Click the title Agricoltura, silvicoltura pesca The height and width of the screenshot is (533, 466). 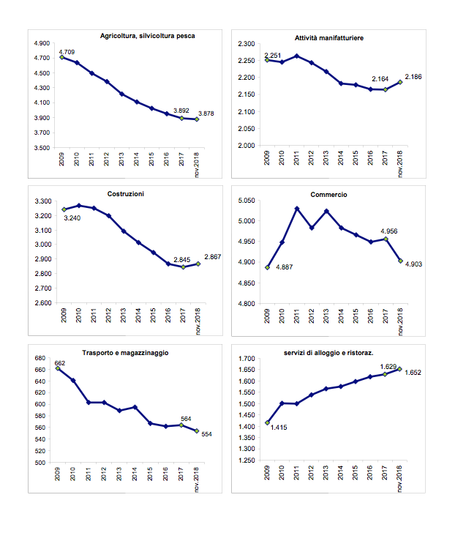[148, 36]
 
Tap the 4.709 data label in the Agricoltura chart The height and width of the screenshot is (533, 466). [67, 52]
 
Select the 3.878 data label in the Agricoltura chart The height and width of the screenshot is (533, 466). [206, 113]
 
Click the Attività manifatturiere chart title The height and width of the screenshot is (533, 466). [329, 38]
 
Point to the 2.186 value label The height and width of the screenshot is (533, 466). [413, 77]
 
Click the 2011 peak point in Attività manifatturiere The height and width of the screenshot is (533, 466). [296, 56]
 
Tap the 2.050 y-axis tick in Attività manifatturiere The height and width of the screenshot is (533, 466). [247, 129]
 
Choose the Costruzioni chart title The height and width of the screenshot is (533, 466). [126, 194]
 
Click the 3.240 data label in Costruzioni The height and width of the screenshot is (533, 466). [72, 218]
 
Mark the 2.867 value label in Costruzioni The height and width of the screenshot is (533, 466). [213, 257]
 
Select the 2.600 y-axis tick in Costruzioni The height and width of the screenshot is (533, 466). [43, 303]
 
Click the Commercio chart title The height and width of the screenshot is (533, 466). [328, 195]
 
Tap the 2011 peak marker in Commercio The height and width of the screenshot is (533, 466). [297, 209]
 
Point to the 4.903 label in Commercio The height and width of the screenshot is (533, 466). [414, 264]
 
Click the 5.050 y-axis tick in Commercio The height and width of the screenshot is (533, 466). [247, 201]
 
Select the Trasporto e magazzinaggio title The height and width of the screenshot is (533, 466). [125, 353]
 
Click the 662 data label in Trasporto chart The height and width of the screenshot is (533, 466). [60, 363]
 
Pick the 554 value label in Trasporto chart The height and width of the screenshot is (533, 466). [206, 434]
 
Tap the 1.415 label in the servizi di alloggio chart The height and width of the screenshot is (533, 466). [279, 428]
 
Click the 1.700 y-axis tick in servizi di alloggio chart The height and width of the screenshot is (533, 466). [247, 359]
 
